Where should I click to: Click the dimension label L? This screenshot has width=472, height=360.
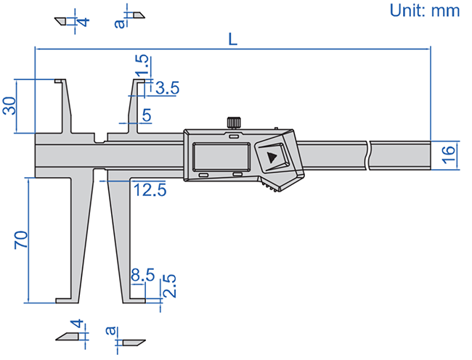click(x=232, y=40)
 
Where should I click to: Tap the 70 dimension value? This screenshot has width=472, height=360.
click(x=21, y=240)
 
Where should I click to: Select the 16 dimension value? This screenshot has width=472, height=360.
click(x=448, y=152)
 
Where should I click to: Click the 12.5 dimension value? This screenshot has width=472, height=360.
click(x=150, y=190)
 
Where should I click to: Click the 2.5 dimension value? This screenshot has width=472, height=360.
click(x=168, y=287)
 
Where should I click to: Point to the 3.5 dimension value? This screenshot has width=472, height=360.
click(x=167, y=88)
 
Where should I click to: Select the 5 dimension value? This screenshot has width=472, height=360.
click(x=146, y=114)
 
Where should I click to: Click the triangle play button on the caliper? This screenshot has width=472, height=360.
click(x=272, y=157)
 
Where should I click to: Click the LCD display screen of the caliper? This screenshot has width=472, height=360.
click(x=221, y=156)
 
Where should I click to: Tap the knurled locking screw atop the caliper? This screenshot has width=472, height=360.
click(x=234, y=122)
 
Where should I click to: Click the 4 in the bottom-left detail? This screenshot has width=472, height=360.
click(x=74, y=324)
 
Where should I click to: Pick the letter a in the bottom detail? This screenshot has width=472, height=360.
click(x=110, y=332)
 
